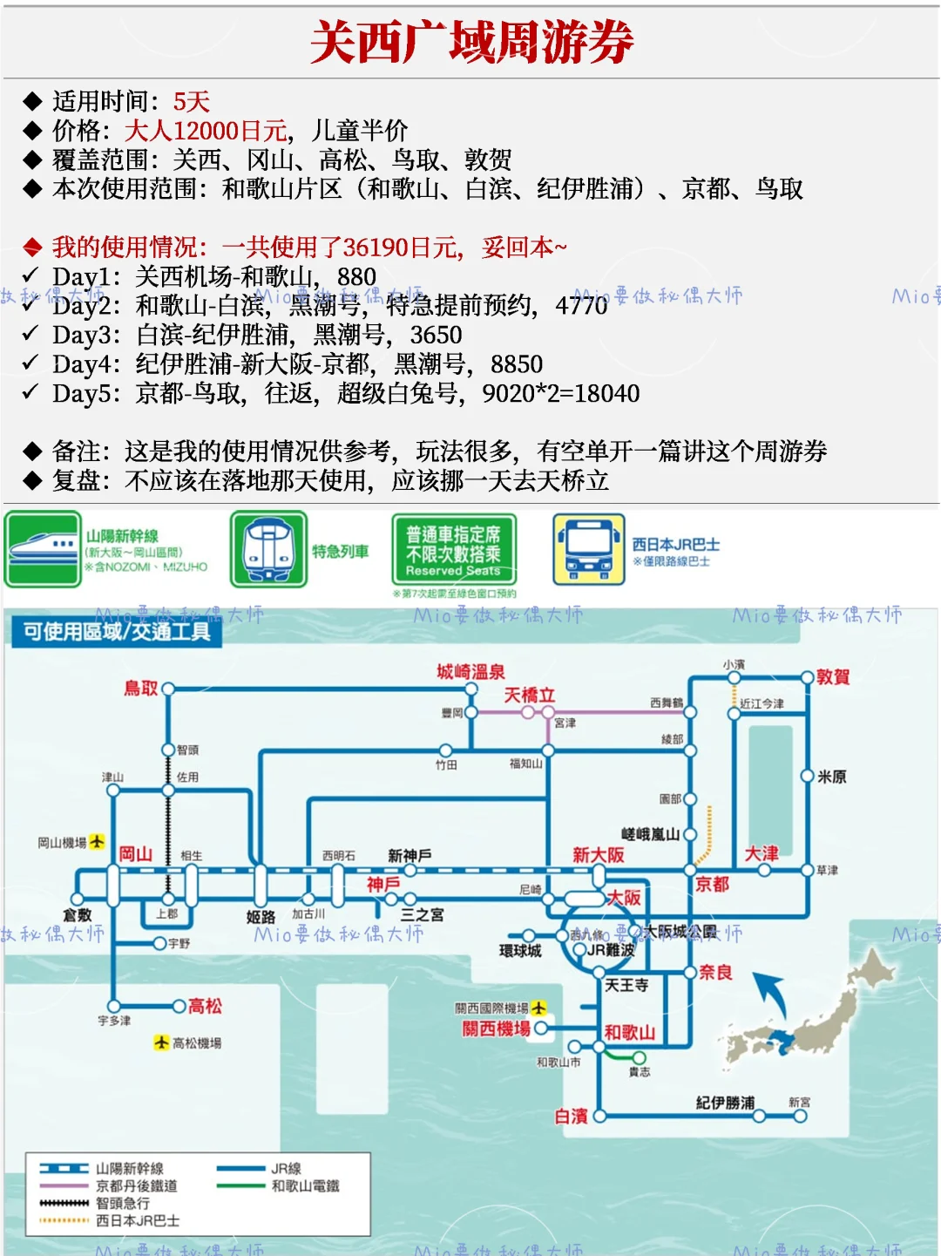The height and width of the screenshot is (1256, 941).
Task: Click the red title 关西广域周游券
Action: pyautogui.click(x=471, y=42)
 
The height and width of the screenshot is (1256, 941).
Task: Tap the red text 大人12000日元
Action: pyautogui.click(x=206, y=131)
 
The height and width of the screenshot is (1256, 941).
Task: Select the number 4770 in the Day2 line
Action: pyautogui.click(x=581, y=306)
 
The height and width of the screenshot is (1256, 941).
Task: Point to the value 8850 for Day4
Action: pyautogui.click(x=517, y=364)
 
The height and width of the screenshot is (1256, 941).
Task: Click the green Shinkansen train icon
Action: pyautogui.click(x=42, y=549)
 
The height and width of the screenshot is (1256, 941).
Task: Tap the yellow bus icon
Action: pyautogui.click(x=588, y=549)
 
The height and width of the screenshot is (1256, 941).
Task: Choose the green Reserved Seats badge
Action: pyautogui.click(x=454, y=551)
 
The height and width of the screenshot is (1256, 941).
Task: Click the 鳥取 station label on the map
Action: pyautogui.click(x=141, y=689)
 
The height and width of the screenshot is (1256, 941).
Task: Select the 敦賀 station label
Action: pyautogui.click(x=833, y=677)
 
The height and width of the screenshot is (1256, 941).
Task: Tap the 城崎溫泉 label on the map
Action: pyautogui.click(x=470, y=672)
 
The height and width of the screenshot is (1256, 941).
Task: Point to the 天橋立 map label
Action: pyautogui.click(x=529, y=696)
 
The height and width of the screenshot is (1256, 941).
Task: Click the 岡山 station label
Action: pyautogui.click(x=135, y=854)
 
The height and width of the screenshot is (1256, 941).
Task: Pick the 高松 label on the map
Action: pyautogui.click(x=205, y=1007)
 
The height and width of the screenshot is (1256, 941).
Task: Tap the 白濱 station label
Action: pyautogui.click(x=572, y=1117)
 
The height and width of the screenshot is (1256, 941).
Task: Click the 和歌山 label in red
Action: pyautogui.click(x=629, y=1033)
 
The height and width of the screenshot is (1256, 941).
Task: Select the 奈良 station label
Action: pyautogui.click(x=715, y=973)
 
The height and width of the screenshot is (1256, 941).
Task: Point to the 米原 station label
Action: pyautogui.click(x=832, y=777)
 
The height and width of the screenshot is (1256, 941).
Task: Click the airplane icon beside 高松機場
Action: pyautogui.click(x=161, y=1042)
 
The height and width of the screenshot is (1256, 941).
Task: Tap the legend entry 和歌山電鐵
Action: pyautogui.click(x=305, y=1186)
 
